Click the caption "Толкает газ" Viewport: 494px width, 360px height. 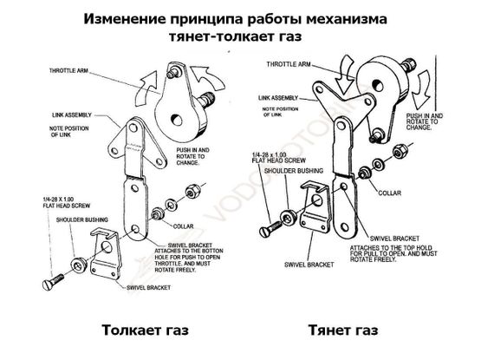tap(145, 331)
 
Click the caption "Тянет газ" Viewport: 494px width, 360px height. tap(342, 331)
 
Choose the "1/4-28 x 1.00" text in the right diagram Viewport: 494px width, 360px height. tap(270, 154)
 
